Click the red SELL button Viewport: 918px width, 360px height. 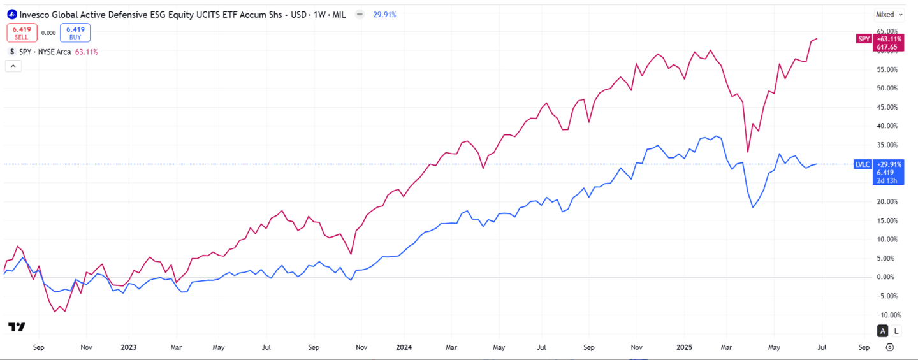(x=22, y=32)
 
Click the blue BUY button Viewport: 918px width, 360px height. (x=75, y=32)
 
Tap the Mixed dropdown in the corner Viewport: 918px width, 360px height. (x=889, y=14)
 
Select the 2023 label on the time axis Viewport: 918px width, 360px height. (x=129, y=347)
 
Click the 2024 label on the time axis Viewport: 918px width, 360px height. (x=404, y=347)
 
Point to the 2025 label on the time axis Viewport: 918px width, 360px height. (x=684, y=347)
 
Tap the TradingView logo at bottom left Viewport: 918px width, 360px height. (x=17, y=327)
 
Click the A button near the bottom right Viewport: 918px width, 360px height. (x=883, y=331)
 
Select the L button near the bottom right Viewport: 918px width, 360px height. (x=896, y=331)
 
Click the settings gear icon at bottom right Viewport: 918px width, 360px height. (x=890, y=347)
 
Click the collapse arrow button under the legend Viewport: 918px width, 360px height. (x=13, y=66)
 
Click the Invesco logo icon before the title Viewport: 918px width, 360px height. (x=11, y=14)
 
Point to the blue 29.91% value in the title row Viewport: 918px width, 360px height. (x=384, y=14)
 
